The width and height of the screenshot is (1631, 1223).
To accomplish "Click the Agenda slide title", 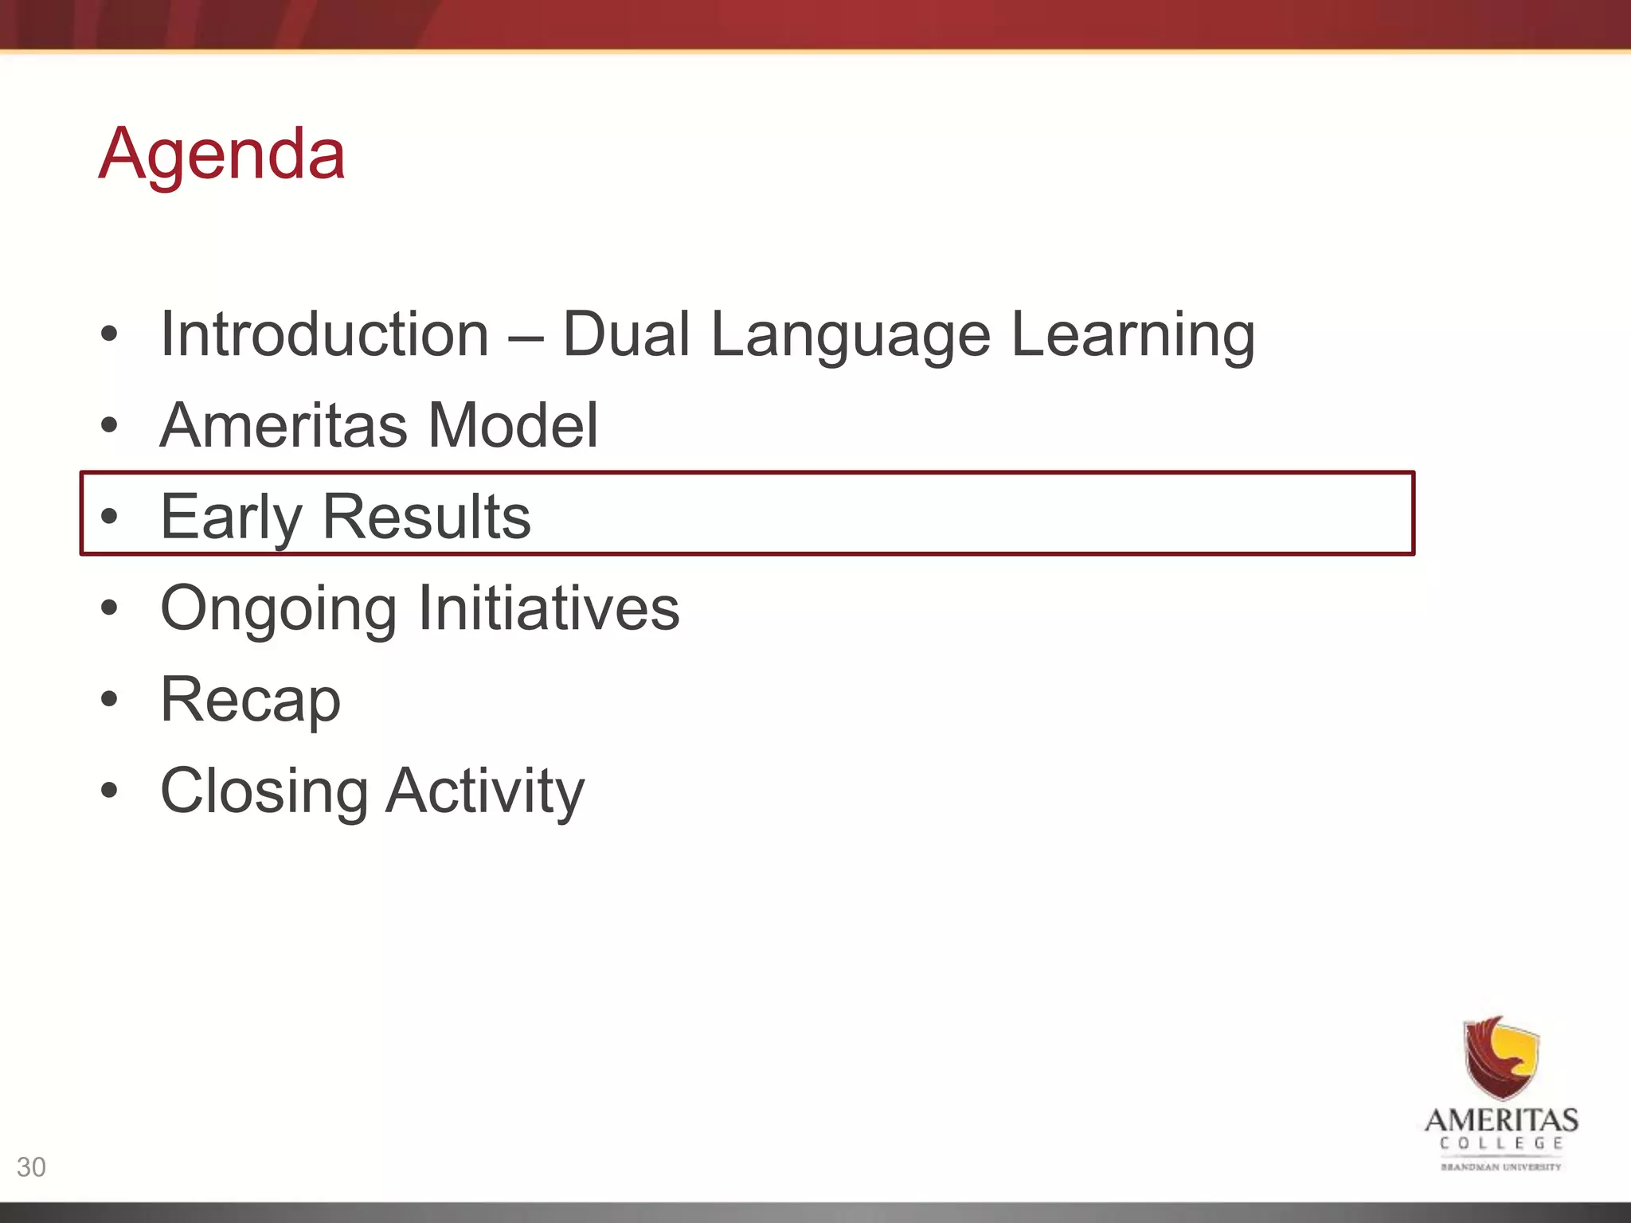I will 221,154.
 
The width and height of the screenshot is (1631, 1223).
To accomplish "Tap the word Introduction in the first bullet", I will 324,334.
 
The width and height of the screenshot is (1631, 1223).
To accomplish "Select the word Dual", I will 626,334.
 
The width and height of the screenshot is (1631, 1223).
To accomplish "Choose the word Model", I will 513,425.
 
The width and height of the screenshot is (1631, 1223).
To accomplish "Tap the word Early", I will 231,518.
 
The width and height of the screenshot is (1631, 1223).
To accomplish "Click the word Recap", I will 250,701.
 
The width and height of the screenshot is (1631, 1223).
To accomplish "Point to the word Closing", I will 264,792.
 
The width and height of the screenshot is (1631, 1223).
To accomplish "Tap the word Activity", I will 485,792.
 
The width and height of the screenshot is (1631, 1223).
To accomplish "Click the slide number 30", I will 31,1167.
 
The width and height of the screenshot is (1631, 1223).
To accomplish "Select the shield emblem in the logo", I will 1501,1058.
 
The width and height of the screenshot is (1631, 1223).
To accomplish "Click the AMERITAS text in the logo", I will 1501,1121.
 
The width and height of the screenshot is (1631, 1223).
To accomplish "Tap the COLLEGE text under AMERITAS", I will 1501,1144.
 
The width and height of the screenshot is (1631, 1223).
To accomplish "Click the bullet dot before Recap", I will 109,700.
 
